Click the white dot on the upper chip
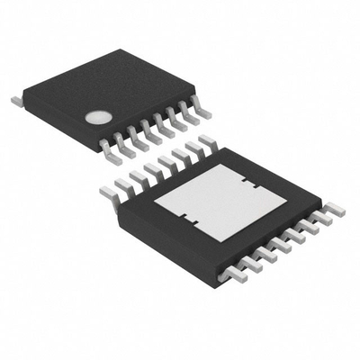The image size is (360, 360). point(97,117)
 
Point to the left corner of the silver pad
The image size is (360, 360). point(156,204)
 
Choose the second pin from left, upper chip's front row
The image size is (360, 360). point(122,144)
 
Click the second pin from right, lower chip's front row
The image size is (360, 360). point(319,219)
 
